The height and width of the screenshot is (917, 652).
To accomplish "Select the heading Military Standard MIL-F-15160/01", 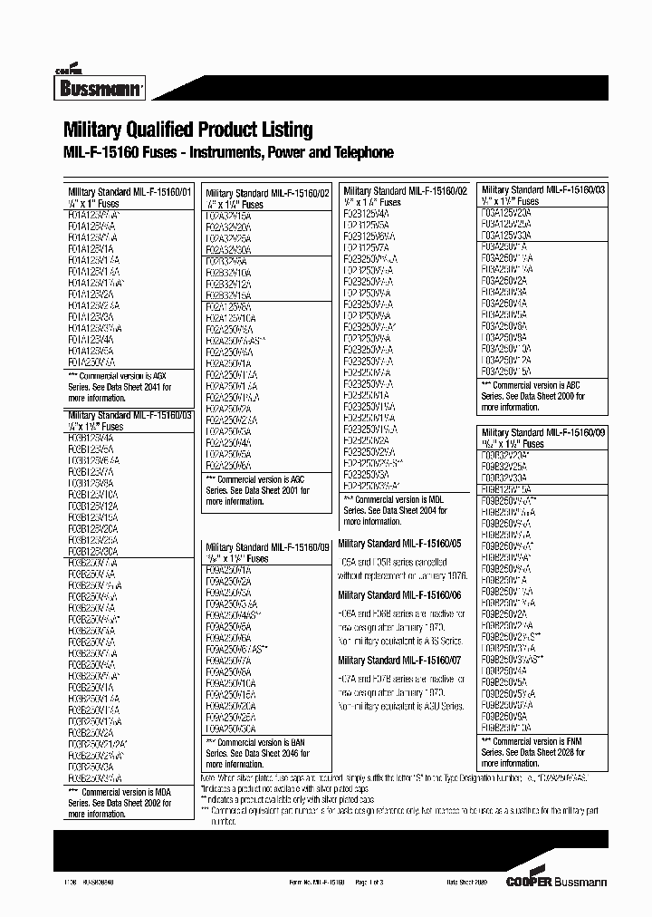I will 130,192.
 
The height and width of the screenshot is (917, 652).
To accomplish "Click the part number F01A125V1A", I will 91,247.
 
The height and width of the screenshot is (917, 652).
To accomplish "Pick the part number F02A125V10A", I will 231,318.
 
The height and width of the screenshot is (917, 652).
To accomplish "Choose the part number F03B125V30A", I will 93,551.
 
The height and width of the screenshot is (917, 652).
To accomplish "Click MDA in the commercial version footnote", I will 158,791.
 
